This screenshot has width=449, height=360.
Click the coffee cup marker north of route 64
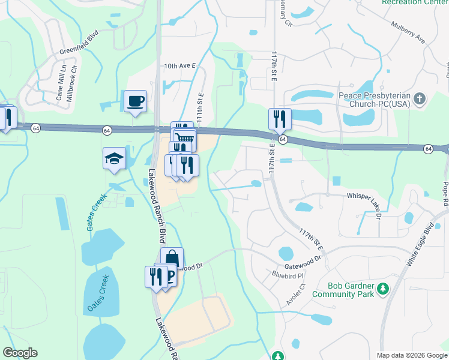pos(135,101)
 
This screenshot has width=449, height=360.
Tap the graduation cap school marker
pos(114,158)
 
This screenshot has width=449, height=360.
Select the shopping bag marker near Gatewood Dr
pos(172,259)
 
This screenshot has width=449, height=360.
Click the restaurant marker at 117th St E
pos(279,119)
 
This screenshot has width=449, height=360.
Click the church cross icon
pos(420,97)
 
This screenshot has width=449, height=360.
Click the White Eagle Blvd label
pos(420,245)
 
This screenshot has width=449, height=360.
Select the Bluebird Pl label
pos(285,275)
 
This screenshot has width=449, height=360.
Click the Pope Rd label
pos(445,194)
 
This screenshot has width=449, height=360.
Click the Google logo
pos(20,353)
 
